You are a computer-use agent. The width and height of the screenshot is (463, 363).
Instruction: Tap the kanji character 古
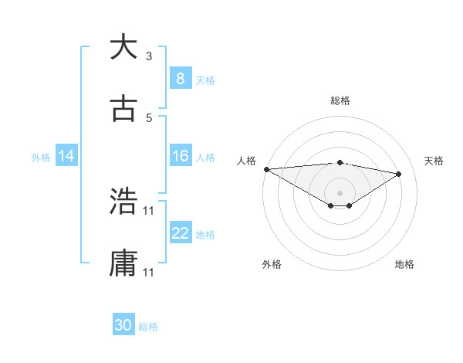pyautogui.click(x=124, y=108)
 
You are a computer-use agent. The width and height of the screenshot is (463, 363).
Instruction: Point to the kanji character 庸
pyautogui.click(x=124, y=263)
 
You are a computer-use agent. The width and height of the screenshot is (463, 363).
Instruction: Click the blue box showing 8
pyautogui.click(x=180, y=78)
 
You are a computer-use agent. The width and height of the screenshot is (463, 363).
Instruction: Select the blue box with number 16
pyautogui.click(x=180, y=156)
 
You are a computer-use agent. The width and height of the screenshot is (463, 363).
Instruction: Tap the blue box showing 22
pyautogui.click(x=180, y=233)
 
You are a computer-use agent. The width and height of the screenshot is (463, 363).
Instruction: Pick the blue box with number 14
pyautogui.click(x=66, y=156)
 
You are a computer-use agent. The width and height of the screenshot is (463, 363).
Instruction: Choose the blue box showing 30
pyautogui.click(x=123, y=325)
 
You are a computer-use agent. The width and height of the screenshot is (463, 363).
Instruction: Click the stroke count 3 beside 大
pyautogui.click(x=149, y=56)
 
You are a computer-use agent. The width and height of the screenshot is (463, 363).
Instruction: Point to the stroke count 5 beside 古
pyautogui.click(x=149, y=118)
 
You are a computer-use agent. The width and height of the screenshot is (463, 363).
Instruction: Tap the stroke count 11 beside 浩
pyautogui.click(x=149, y=211)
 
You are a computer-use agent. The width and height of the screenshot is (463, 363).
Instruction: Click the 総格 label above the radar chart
pyautogui.click(x=340, y=100)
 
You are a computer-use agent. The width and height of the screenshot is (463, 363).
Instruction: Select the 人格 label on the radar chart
pyautogui.click(x=246, y=161)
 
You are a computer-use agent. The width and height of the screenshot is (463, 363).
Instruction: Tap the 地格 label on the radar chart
pyautogui.click(x=404, y=264)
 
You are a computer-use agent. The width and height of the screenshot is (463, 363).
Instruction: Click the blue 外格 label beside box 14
pyautogui.click(x=41, y=157)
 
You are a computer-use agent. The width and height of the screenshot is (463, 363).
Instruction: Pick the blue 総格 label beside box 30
pyautogui.click(x=148, y=327)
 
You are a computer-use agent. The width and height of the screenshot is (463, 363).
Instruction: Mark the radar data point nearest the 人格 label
pyautogui.click(x=266, y=169)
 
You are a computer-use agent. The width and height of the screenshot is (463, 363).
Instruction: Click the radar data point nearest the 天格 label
pyautogui.click(x=399, y=174)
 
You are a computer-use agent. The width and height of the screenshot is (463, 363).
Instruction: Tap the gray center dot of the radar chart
pyautogui.click(x=340, y=192)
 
